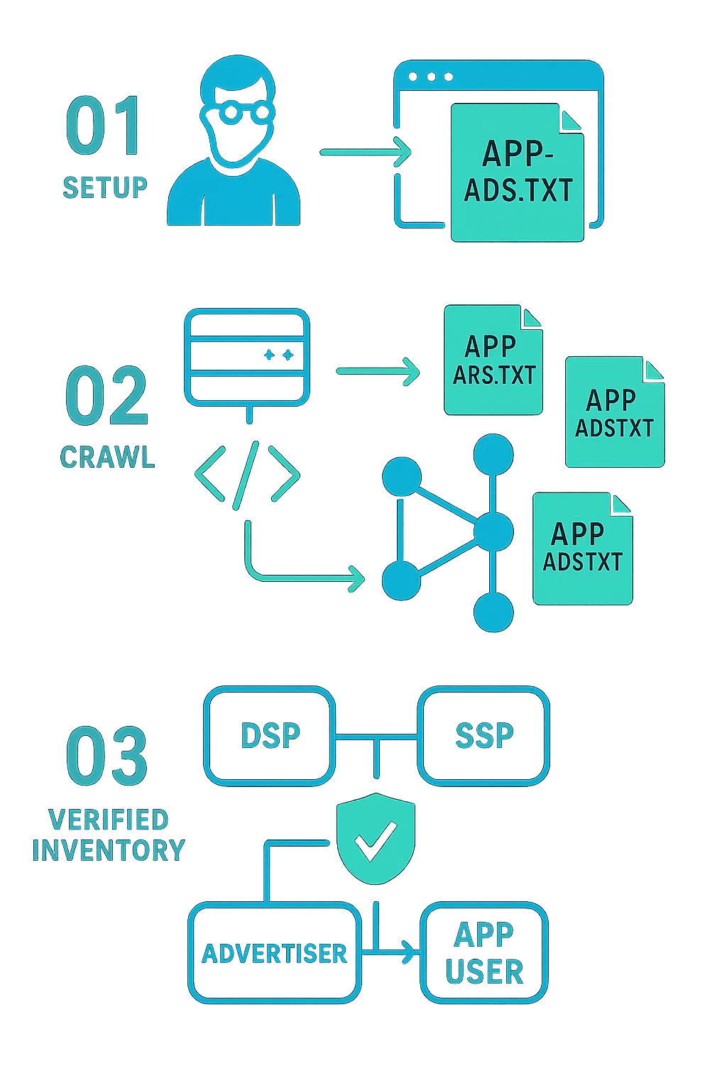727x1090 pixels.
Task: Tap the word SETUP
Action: [x=105, y=187]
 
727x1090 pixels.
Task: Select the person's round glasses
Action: [x=236, y=113]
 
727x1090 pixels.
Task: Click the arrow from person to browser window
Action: [x=365, y=151]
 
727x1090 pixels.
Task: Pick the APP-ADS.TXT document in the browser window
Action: [x=517, y=172]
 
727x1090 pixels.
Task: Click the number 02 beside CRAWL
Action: [x=106, y=396]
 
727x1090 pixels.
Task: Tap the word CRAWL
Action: [x=107, y=457]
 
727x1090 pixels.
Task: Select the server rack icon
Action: [x=246, y=358]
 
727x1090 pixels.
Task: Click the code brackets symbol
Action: [x=246, y=474]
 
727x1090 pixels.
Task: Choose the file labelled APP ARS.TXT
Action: [x=493, y=361]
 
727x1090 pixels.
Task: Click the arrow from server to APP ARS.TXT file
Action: [x=377, y=370]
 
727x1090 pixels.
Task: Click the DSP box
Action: [x=270, y=736]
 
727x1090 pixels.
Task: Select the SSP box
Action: [x=484, y=736]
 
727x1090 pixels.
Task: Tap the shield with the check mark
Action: [x=376, y=839]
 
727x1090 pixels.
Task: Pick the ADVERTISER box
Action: [x=275, y=953]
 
